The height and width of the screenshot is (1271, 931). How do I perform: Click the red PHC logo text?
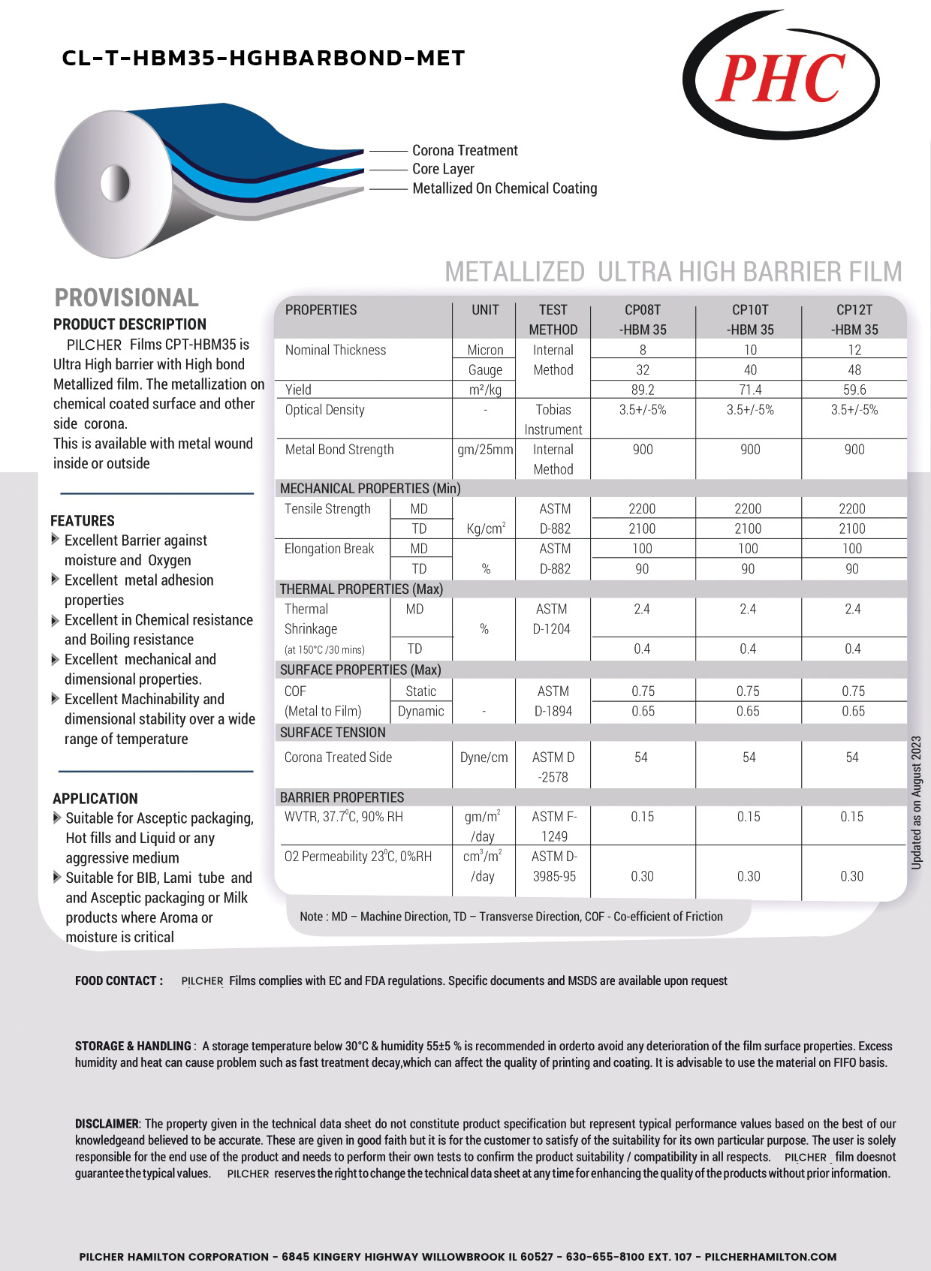781,79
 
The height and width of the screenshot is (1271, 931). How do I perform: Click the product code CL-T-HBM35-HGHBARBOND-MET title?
264,59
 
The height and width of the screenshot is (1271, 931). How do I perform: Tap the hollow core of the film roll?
115,182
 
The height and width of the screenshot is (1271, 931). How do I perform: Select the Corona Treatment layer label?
465,150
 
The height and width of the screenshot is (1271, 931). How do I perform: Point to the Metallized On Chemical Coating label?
505,188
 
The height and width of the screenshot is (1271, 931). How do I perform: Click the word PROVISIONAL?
127,298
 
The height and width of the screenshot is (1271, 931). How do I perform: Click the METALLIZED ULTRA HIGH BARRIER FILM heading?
673,272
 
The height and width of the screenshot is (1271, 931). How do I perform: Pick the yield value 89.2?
643,390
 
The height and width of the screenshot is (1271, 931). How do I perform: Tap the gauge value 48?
854,370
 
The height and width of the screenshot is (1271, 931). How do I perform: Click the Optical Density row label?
324,410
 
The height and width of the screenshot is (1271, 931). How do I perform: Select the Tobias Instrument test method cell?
553,420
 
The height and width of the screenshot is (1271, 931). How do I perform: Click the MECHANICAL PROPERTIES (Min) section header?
370,489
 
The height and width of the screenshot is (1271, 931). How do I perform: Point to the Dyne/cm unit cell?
484,757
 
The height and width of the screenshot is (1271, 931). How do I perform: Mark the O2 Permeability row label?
357,857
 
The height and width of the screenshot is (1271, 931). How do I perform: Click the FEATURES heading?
83,521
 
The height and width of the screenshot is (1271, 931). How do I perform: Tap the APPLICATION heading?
95,799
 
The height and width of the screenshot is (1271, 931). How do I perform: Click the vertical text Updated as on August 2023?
916,803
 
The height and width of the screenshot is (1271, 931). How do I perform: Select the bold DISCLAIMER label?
107,1124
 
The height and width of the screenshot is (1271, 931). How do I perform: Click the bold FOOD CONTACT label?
119,980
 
